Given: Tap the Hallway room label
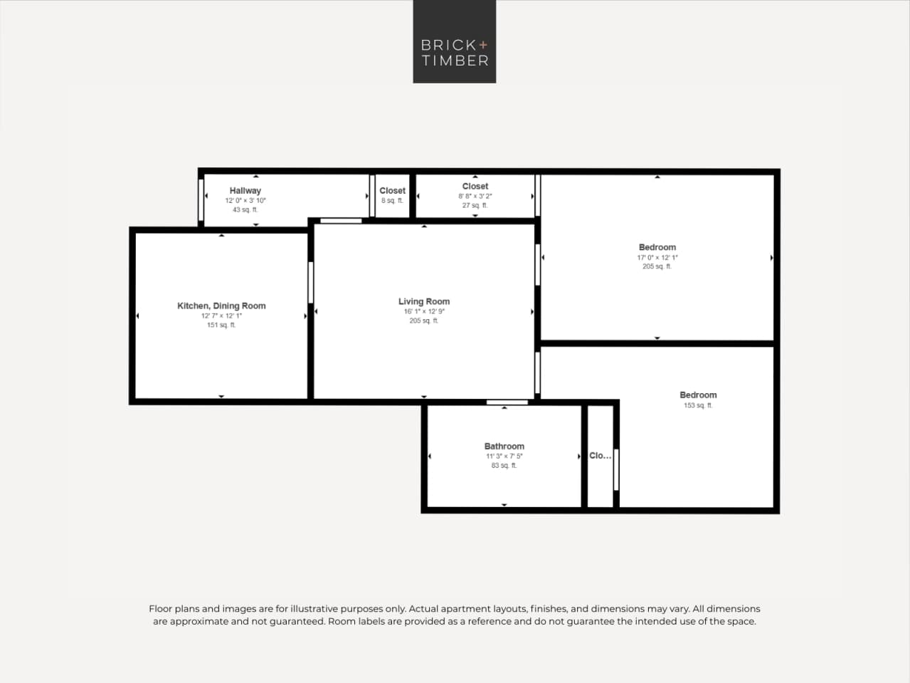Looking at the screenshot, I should click(x=245, y=190).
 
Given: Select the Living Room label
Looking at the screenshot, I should click(x=424, y=301).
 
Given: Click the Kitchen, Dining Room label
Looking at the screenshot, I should click(x=221, y=306).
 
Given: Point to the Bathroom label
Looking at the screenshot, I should click(x=504, y=446).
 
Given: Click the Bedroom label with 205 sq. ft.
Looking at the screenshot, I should click(x=657, y=247).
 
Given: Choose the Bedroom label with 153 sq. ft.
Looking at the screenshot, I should click(x=698, y=395).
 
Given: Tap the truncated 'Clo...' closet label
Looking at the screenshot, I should click(x=600, y=456).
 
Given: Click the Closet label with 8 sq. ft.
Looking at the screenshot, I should click(x=392, y=190).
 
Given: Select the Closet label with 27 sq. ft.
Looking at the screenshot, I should click(x=475, y=186).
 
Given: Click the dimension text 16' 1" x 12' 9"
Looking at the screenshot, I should click(x=424, y=311).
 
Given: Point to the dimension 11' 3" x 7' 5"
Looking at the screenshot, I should click(x=504, y=456).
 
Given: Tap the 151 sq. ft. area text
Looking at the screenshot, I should click(x=221, y=325).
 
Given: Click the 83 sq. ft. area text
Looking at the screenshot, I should click(x=504, y=466).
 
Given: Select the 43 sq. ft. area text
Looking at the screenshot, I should click(x=245, y=210).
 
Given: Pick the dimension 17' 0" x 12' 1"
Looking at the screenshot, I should click(x=657, y=257).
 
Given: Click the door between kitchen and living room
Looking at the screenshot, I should click(x=311, y=282).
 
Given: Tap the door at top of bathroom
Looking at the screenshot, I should click(x=507, y=402).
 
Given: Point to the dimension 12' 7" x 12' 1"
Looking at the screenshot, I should click(x=221, y=316).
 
